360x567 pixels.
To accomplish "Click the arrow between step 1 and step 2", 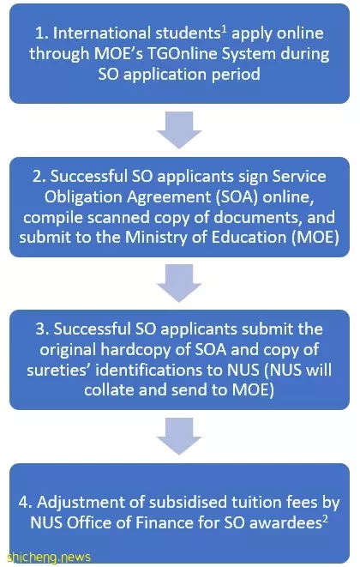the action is coord(179,130).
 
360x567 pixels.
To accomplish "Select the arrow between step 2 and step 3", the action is coord(179,283).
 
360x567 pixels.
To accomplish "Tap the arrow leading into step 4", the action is coord(179,436).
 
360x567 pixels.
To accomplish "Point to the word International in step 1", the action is coord(101,33).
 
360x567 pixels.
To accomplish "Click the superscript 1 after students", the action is coord(224,30).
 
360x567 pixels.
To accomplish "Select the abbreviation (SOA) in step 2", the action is coord(237,196).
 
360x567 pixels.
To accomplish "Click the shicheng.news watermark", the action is coord(49,557).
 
